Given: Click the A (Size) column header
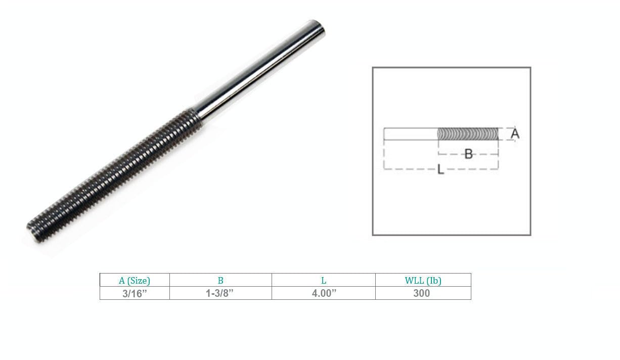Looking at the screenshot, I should click(135, 280).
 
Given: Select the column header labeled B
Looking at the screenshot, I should click(220, 280).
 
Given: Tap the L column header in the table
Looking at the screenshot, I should click(324, 280).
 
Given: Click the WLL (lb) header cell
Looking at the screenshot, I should click(423, 280).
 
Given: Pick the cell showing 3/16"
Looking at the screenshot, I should click(135, 293).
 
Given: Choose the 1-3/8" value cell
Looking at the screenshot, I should click(220, 293).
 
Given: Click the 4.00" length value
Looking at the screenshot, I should click(324, 293).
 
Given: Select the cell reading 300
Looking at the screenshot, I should click(423, 293).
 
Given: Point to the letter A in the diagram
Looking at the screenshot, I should click(515, 133).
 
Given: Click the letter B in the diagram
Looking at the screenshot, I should click(468, 154).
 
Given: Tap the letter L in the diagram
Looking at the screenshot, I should click(440, 170).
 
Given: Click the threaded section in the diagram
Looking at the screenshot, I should click(467, 134).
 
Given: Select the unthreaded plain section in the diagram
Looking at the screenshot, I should click(410, 134).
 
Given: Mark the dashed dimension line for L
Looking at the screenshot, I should click(410, 169).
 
